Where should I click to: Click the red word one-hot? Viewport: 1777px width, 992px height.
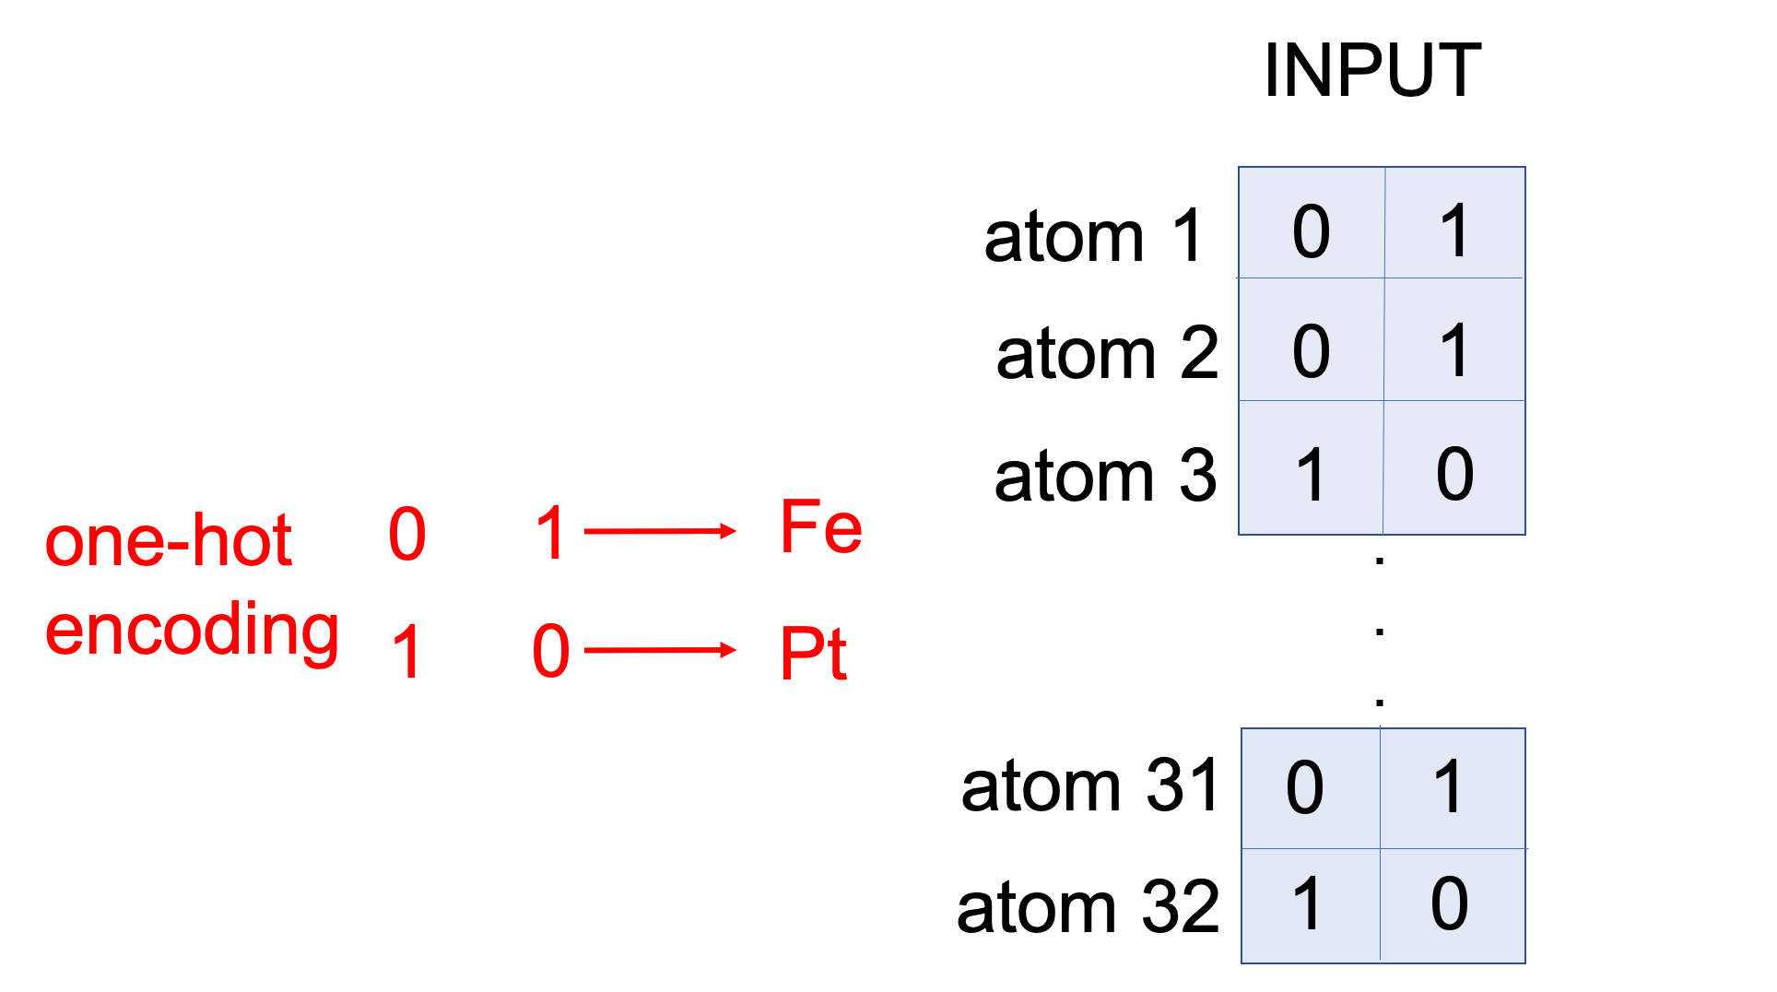[x=169, y=541]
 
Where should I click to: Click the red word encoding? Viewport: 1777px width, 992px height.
[x=192, y=631]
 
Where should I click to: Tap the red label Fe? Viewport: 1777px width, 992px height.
[x=821, y=527]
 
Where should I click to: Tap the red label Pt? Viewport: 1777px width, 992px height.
[x=813, y=653]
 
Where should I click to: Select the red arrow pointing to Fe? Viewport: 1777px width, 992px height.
[x=660, y=531]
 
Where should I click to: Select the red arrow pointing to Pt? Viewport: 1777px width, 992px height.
[x=660, y=651]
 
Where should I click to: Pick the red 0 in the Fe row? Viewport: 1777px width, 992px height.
[x=407, y=534]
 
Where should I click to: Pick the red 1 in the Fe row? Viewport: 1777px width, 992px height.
[x=550, y=534]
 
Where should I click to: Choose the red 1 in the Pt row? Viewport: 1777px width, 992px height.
[x=407, y=652]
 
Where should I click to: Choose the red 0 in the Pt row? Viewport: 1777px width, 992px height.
[x=551, y=652]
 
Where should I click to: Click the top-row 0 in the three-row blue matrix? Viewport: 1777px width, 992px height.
[x=1311, y=231]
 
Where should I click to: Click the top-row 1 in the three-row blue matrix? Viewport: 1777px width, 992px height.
[x=1454, y=231]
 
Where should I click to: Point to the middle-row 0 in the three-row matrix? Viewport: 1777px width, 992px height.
[x=1311, y=352]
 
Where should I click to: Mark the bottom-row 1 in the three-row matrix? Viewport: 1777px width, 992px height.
[x=1311, y=475]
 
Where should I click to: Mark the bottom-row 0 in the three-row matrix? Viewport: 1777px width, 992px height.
[x=1454, y=475]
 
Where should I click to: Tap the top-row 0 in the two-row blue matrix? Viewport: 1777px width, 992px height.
[x=1305, y=788]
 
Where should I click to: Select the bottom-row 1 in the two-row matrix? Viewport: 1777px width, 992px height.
[x=1307, y=903]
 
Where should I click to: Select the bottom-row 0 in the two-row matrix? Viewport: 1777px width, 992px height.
[x=1449, y=903]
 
